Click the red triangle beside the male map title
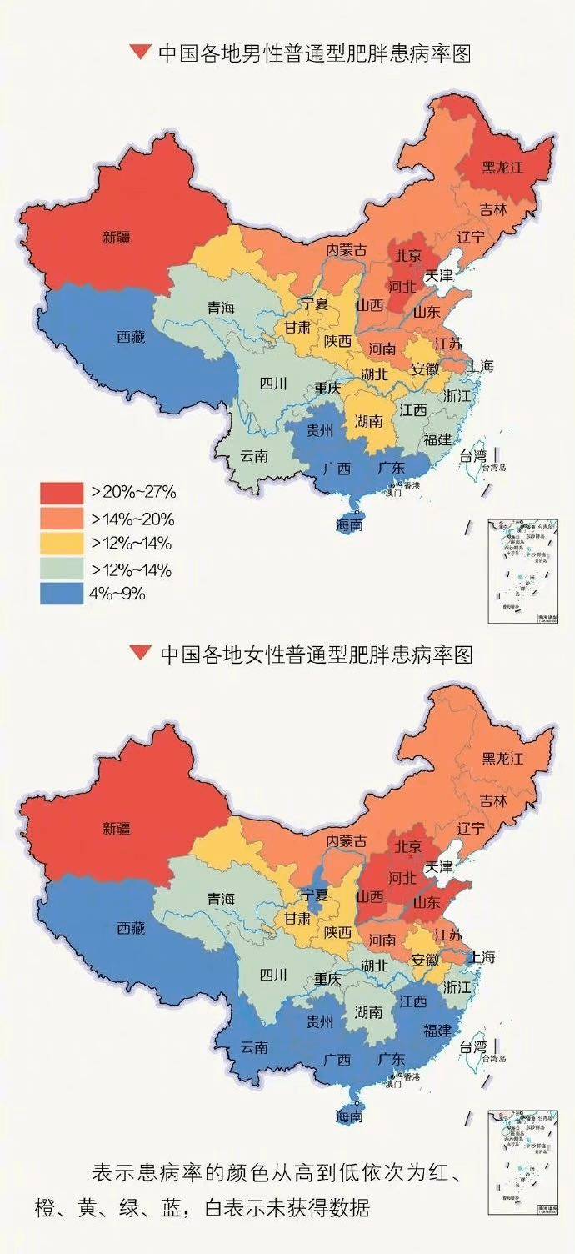pos(138,54)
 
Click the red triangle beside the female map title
pos(138,655)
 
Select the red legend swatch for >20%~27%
pos(62,492)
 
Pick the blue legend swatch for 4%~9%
pos(62,594)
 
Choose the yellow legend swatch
pos(62,544)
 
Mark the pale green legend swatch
pos(62,569)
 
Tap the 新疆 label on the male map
pos(117,237)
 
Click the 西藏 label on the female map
pos(130,928)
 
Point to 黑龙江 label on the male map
pos(502,167)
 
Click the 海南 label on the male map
pos(349,525)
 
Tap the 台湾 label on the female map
pos(473,1046)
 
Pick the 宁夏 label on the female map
pos(314,895)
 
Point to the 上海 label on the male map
pos(481,365)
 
